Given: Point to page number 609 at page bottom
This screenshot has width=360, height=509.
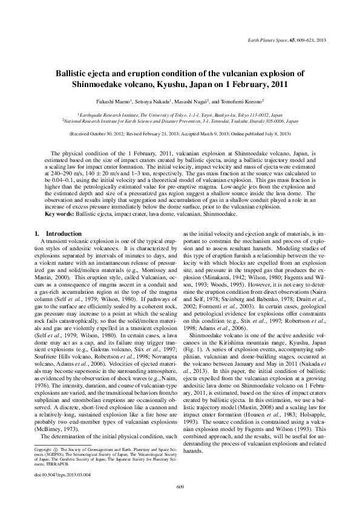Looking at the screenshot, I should coord(180,487).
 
